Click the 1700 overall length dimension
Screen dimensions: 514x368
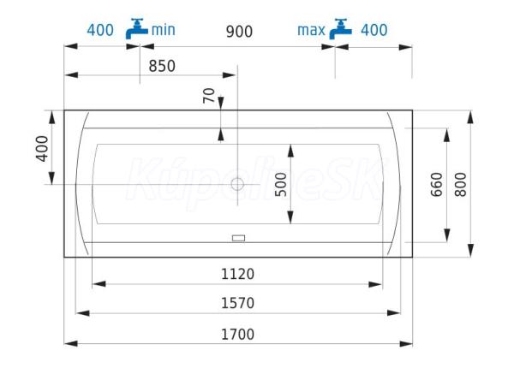[237, 335]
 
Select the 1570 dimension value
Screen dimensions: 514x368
[237, 303]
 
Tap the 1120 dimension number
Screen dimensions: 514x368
[237, 274]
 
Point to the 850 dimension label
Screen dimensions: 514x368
[162, 66]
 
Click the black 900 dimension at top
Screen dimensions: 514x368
[239, 32]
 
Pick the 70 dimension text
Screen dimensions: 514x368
[208, 96]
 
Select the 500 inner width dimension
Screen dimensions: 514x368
[281, 185]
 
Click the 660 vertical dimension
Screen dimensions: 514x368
[436, 185]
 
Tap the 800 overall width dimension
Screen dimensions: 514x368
[461, 185]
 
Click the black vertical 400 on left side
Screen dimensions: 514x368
[42, 149]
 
